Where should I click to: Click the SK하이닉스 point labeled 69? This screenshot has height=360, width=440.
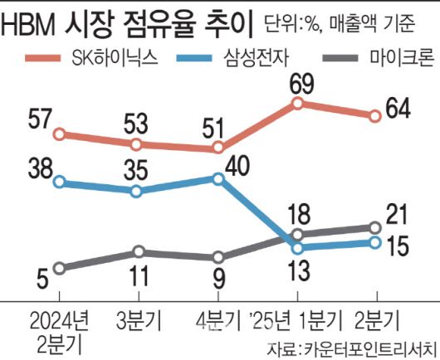click(296, 103)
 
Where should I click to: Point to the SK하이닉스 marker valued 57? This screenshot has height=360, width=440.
click(58, 134)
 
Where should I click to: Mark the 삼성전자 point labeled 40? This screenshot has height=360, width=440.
click(218, 178)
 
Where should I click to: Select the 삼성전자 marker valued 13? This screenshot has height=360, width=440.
click(296, 246)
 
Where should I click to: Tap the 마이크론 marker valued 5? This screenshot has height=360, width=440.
click(58, 267)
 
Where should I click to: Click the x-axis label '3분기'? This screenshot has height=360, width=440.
click(139, 319)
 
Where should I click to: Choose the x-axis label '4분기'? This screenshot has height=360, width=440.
click(218, 319)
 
